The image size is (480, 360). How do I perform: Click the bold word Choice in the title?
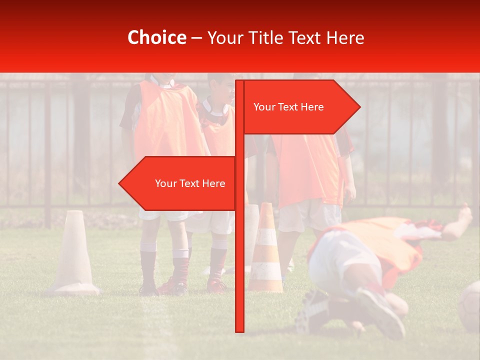coord(156,37)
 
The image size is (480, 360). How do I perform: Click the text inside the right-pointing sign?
coord(288,107)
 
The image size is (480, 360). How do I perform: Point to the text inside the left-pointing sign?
coord(190,183)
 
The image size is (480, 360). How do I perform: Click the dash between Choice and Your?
coord(196,38)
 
